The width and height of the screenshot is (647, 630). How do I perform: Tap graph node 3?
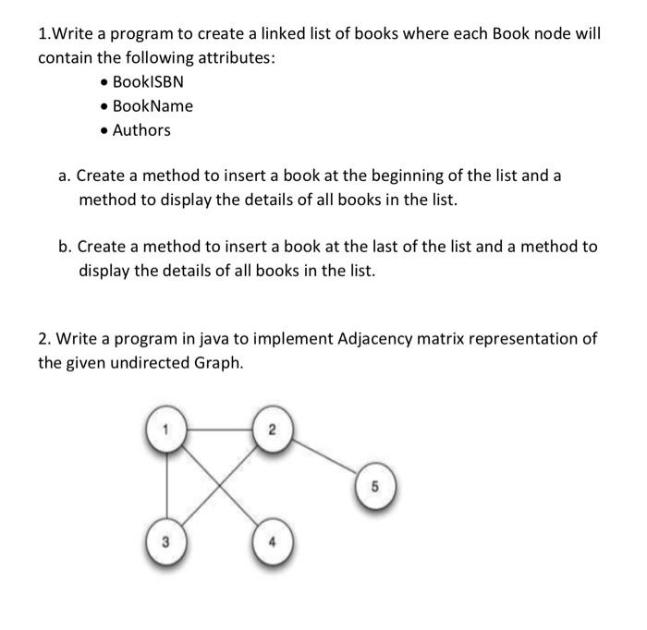(166, 539)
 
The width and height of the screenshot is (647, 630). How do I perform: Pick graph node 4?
(271, 540)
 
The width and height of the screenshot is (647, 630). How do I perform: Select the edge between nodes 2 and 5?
(323, 458)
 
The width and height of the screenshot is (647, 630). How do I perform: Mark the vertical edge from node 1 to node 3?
(166, 485)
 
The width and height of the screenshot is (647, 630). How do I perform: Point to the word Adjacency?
(352, 338)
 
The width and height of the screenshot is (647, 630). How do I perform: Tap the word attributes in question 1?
(241, 58)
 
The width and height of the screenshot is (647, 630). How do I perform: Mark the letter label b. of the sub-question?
(65, 247)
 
